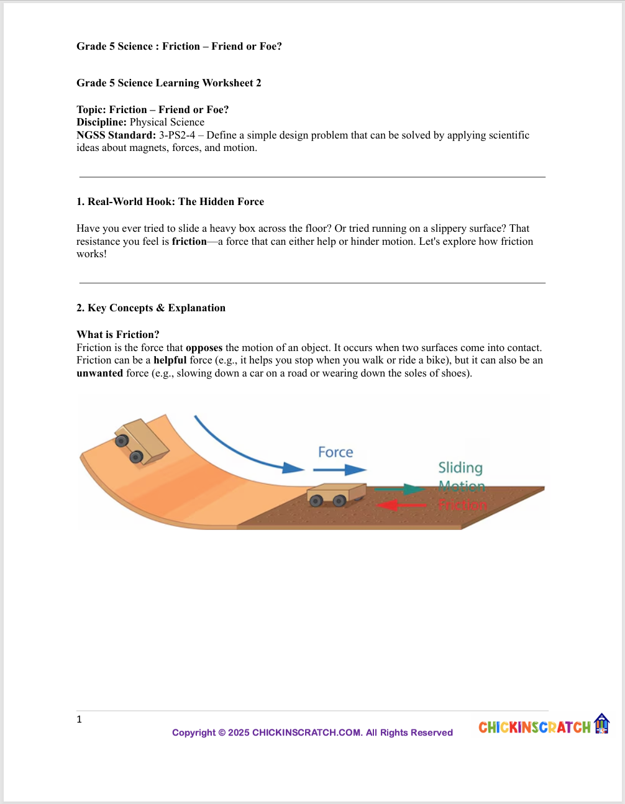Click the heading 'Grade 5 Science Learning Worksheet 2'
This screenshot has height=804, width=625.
168,83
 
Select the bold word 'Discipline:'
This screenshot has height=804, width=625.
101,122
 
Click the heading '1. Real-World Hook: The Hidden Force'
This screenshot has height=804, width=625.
170,202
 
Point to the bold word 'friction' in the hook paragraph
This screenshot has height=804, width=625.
189,242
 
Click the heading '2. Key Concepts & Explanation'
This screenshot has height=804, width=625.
150,308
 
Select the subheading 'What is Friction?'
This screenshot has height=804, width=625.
117,335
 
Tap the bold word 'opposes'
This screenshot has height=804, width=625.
204,348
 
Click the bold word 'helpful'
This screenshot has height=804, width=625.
170,360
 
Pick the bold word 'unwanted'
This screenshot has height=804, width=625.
99,373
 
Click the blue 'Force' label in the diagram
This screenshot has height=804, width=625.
335,452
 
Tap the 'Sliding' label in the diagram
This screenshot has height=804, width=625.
460,468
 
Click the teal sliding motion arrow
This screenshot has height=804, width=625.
400,489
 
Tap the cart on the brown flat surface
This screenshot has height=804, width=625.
335,495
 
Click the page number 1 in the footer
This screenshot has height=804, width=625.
79,719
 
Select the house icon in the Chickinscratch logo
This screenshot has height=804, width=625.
601,724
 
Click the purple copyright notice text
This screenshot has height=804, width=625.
312,733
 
